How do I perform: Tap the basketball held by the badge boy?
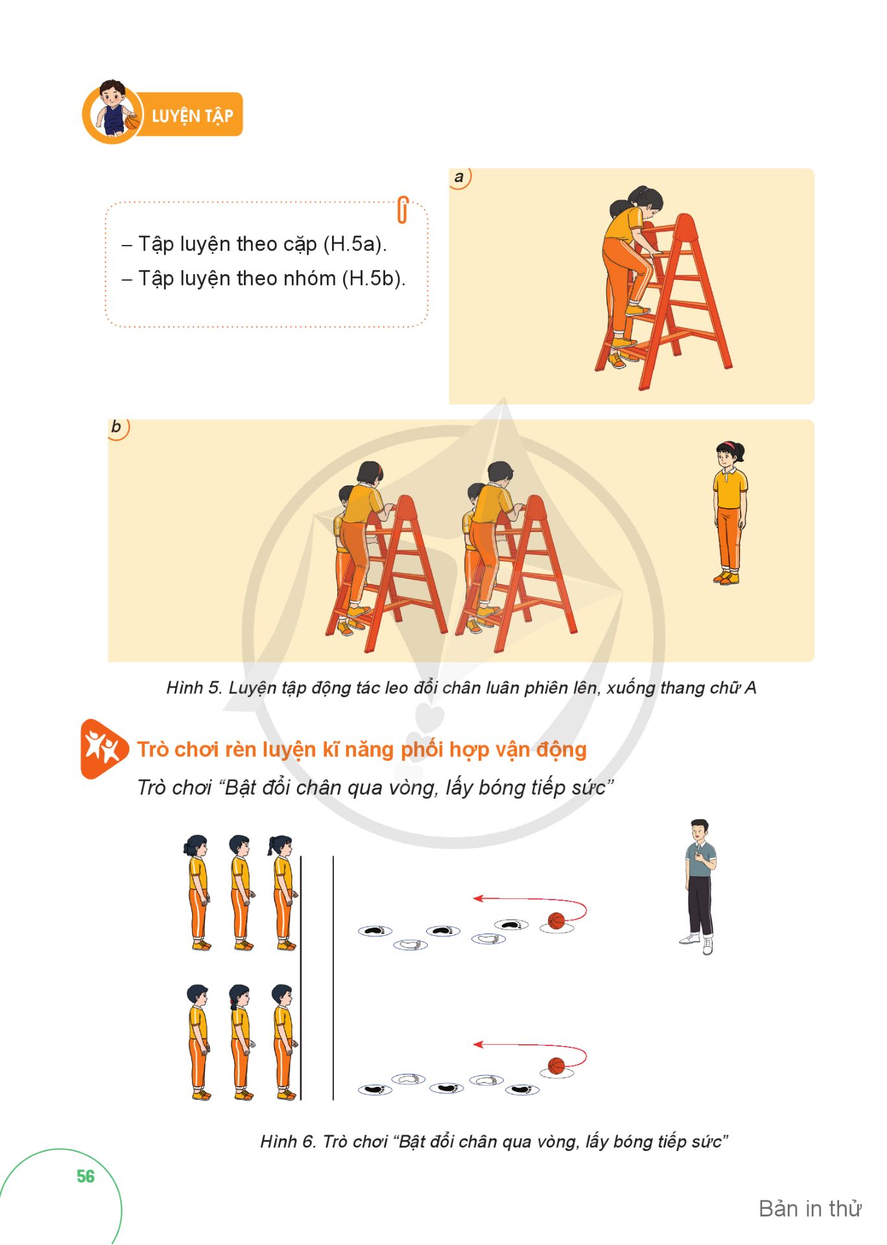132,122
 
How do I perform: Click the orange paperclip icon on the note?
402,209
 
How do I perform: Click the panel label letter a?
459,177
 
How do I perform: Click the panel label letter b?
116,426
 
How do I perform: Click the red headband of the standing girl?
729,445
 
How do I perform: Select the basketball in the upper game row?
556,920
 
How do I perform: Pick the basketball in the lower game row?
556,1066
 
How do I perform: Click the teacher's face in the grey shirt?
699,832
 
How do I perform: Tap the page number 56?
86,1176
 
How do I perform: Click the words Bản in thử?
810,1209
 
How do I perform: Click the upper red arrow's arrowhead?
478,898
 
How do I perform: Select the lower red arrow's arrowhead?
478,1044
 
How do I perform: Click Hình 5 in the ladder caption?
194,688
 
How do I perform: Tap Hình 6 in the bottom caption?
288,1141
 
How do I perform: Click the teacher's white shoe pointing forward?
707,946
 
